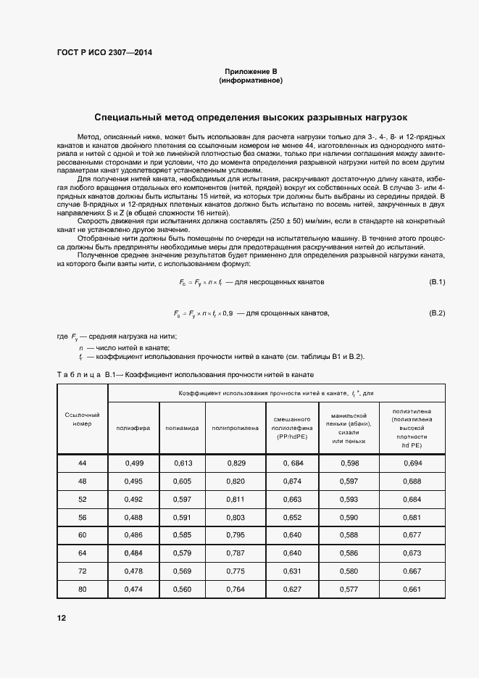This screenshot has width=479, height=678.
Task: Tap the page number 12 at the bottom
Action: pyautogui.click(x=62, y=618)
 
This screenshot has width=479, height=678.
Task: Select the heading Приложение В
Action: pyautogui.click(x=251, y=71)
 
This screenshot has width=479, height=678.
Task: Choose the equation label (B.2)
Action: pyautogui.click(x=437, y=313)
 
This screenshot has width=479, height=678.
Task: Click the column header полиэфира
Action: pyautogui.click(x=133, y=428)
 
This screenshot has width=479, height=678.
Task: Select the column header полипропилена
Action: pyautogui.click(x=235, y=428)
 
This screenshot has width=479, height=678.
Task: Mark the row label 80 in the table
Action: pyautogui.click(x=82, y=589)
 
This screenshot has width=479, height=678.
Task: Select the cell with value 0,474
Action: pyautogui.click(x=133, y=589)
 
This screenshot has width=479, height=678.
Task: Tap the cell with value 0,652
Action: pyautogui.click(x=292, y=516)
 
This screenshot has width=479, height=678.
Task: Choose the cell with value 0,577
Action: pyautogui.click(x=349, y=589)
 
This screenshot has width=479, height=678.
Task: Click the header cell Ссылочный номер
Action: pyautogui.click(x=82, y=418)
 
